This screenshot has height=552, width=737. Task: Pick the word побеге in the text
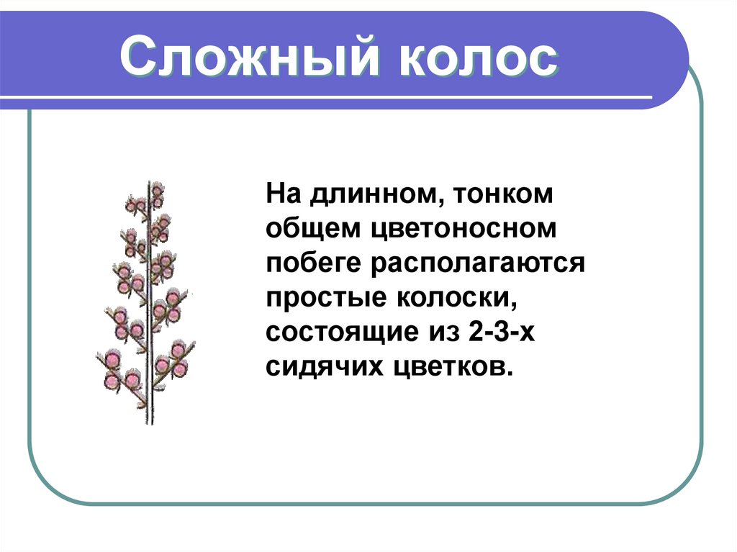click(314, 263)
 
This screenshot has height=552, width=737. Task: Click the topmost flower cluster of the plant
click(155, 191)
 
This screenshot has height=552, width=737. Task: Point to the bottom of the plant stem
click(150, 421)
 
